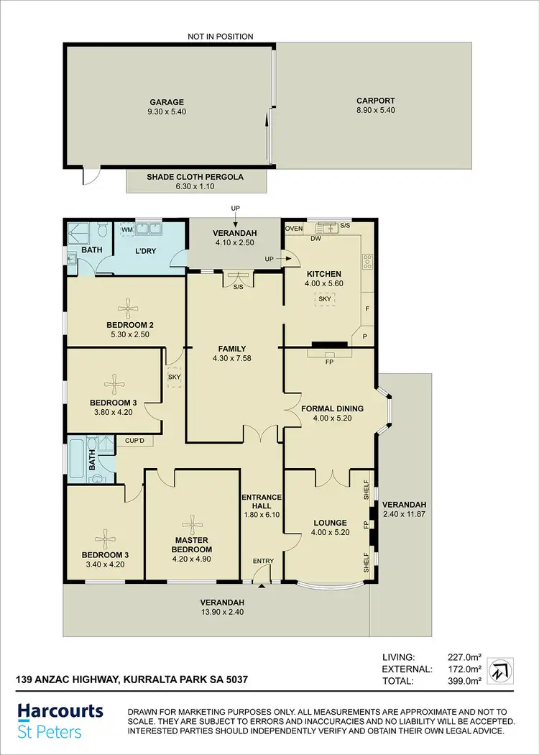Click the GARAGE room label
tap(167, 102)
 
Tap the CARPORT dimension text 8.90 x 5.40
tap(375, 111)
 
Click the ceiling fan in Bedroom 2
tap(127, 309)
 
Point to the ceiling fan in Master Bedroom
tap(192, 523)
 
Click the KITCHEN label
tap(323, 274)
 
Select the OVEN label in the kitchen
tap(293, 229)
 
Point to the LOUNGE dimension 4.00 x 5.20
tap(330, 533)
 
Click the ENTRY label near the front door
tap(262, 562)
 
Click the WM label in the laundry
tap(126, 230)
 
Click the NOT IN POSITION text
tap(220, 37)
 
